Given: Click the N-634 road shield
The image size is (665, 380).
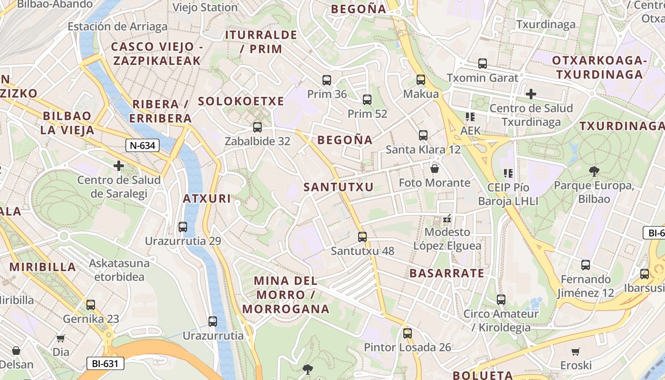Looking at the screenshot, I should tap(142, 145).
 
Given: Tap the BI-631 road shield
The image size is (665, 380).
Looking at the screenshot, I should tap(105, 364).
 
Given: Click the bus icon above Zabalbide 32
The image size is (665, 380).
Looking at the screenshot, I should tap(257, 127).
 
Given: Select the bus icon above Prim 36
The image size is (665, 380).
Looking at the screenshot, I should tap(327, 80).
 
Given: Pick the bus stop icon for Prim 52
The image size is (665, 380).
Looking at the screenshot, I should tap(367, 100).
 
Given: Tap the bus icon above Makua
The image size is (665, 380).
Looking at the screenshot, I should tap(421, 80).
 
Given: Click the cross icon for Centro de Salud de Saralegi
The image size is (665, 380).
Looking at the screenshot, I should tap(119, 166).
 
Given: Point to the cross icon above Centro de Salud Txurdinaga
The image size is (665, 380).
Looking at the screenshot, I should tap(531, 94).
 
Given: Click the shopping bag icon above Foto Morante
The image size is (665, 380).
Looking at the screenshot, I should tap(435, 169).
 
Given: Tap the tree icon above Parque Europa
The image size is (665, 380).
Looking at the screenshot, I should tap(594, 171).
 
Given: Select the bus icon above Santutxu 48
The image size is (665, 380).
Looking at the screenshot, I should tap(362, 237).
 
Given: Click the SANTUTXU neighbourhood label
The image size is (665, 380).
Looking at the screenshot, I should tap(339, 187).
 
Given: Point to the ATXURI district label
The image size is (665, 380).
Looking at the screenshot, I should tap(207, 199).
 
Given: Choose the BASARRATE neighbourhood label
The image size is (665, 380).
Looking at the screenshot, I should tap(447, 273).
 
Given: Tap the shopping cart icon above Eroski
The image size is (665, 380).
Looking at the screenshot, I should tap(576, 351).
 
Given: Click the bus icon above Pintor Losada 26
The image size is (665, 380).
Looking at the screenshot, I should tap(407, 333).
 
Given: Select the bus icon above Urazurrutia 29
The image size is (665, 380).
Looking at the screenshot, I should tap(183, 227).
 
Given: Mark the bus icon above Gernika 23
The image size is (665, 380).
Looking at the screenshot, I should tap(90, 304).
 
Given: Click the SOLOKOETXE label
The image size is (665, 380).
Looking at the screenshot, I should tap(241, 101).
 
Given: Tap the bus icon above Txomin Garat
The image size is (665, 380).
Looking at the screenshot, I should tap(483, 63).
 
